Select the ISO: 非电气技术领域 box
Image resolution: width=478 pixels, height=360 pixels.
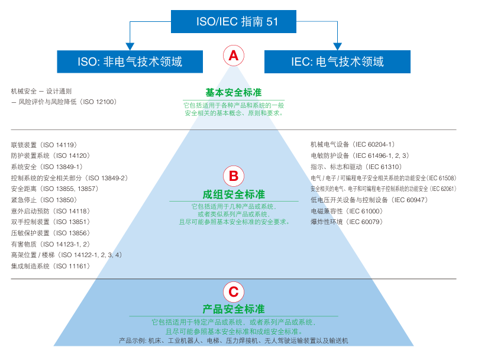click(x=130, y=61)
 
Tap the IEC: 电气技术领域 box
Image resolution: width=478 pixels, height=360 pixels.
click(x=338, y=61)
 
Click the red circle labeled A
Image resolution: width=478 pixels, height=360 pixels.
click(x=233, y=56)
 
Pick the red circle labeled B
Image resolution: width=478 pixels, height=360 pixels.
click(x=233, y=176)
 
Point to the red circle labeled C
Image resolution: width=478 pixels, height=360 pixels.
click(x=233, y=291)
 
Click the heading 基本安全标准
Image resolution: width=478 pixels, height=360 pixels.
click(x=233, y=93)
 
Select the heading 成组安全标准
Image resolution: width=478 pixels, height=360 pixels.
click(x=233, y=194)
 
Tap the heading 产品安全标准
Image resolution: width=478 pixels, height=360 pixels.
click(x=233, y=309)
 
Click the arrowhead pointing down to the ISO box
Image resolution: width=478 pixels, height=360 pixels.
click(x=130, y=46)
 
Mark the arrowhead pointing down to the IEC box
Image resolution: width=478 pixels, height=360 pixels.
click(x=338, y=46)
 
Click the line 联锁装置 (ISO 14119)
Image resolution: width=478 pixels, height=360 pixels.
click(x=44, y=145)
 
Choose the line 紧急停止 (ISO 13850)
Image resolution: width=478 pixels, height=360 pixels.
click(x=44, y=200)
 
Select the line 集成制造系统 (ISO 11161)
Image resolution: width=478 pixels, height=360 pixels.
click(x=50, y=266)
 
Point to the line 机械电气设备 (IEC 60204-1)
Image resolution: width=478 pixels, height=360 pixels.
click(x=353, y=145)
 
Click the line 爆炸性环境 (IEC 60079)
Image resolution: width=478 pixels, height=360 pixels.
click(x=347, y=222)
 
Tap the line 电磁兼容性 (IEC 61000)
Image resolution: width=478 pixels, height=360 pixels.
click(x=347, y=211)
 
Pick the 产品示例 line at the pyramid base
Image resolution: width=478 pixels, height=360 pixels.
click(x=233, y=341)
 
